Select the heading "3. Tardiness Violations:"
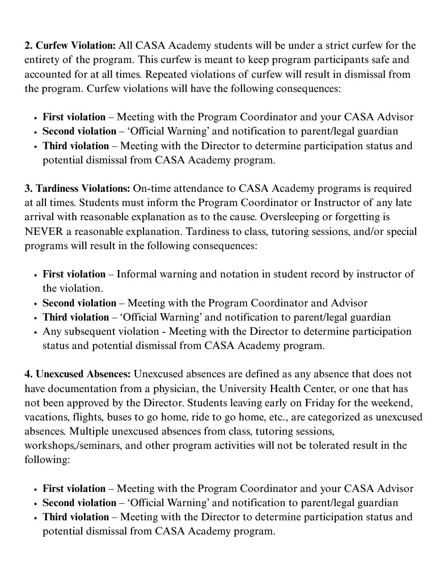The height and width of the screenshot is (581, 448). [78, 188]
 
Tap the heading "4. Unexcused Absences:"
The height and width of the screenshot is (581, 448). [78, 374]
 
